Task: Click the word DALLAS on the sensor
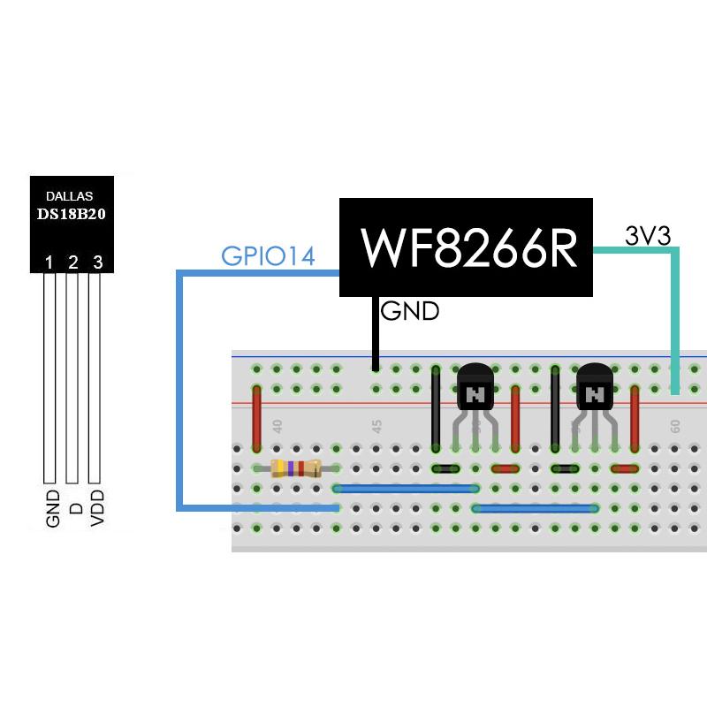click(68, 195)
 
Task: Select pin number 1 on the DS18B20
click(49, 262)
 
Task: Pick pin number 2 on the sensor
click(73, 262)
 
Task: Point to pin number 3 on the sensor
click(97, 262)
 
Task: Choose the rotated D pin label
click(75, 510)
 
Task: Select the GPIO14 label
click(268, 256)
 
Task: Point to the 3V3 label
click(648, 236)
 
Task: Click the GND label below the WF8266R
click(410, 311)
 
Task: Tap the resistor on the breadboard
click(296, 468)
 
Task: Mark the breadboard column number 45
click(376, 426)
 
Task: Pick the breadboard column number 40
click(277, 426)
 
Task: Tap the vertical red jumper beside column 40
click(257, 418)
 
